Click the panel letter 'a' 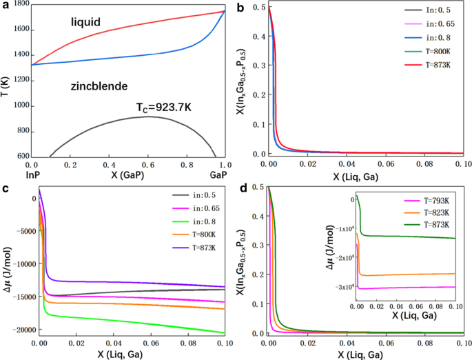(x=6, y=6)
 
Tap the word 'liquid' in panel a (x=86, y=23)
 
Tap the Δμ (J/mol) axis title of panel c (x=6, y=265)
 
